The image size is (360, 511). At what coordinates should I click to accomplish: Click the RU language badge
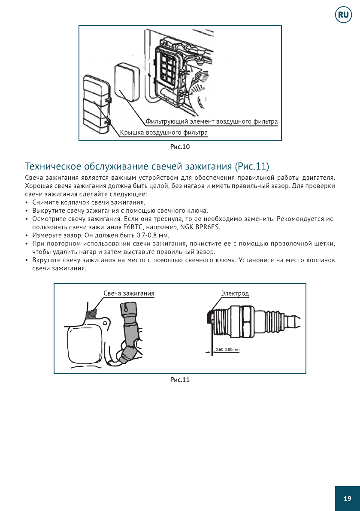pos(343,15)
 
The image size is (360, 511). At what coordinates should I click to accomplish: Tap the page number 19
pos(347,498)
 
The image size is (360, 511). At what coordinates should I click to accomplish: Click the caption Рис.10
pos(180,147)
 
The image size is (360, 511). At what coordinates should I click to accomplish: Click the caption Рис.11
pos(180,380)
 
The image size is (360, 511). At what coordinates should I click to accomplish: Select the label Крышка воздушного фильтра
pos(163,133)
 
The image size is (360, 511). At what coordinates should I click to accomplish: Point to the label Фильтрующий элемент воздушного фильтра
pos(212,121)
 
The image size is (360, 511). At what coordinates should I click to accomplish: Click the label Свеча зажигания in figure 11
pos(129,293)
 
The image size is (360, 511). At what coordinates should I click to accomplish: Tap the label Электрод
pos(235,293)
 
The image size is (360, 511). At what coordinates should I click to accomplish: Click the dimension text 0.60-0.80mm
pos(227,349)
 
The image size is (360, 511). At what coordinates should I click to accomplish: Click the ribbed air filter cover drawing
pos(97,104)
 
